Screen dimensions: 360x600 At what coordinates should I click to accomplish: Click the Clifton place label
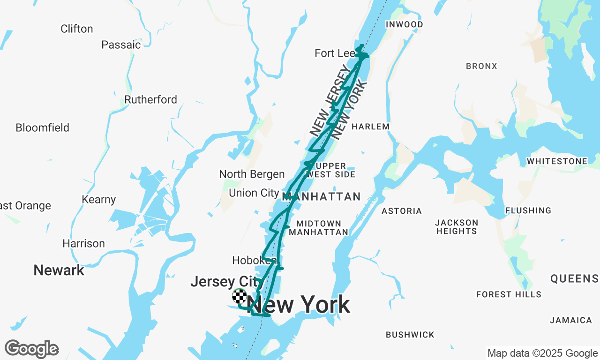tap(77, 29)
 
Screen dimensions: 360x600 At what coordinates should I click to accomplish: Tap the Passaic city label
tap(121, 45)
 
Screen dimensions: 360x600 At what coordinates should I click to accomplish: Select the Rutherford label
tap(150, 99)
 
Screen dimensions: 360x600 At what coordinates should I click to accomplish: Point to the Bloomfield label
tap(42, 127)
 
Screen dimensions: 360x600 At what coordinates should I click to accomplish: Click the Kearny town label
tap(98, 200)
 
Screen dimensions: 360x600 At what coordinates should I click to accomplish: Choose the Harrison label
tap(83, 243)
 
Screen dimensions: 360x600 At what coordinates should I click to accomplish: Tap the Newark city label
tap(59, 270)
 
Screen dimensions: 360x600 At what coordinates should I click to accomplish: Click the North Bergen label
tap(252, 174)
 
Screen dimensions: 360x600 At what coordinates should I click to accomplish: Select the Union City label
tap(254, 193)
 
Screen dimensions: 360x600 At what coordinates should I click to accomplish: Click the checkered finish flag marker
tap(240, 296)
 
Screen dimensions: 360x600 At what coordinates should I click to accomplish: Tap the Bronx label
tap(481, 66)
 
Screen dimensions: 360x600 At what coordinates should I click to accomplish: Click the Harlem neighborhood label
tap(370, 127)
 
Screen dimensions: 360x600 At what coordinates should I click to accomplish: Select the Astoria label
tap(402, 211)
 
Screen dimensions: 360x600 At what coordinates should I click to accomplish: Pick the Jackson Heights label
tap(456, 227)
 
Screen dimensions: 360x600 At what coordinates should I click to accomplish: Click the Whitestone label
tap(557, 161)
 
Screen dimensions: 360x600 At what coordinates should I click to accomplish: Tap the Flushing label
tap(528, 210)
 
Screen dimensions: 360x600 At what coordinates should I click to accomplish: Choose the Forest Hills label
tap(509, 294)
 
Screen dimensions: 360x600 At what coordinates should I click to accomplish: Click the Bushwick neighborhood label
tap(410, 335)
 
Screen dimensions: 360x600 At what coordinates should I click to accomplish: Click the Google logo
tap(31, 349)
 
